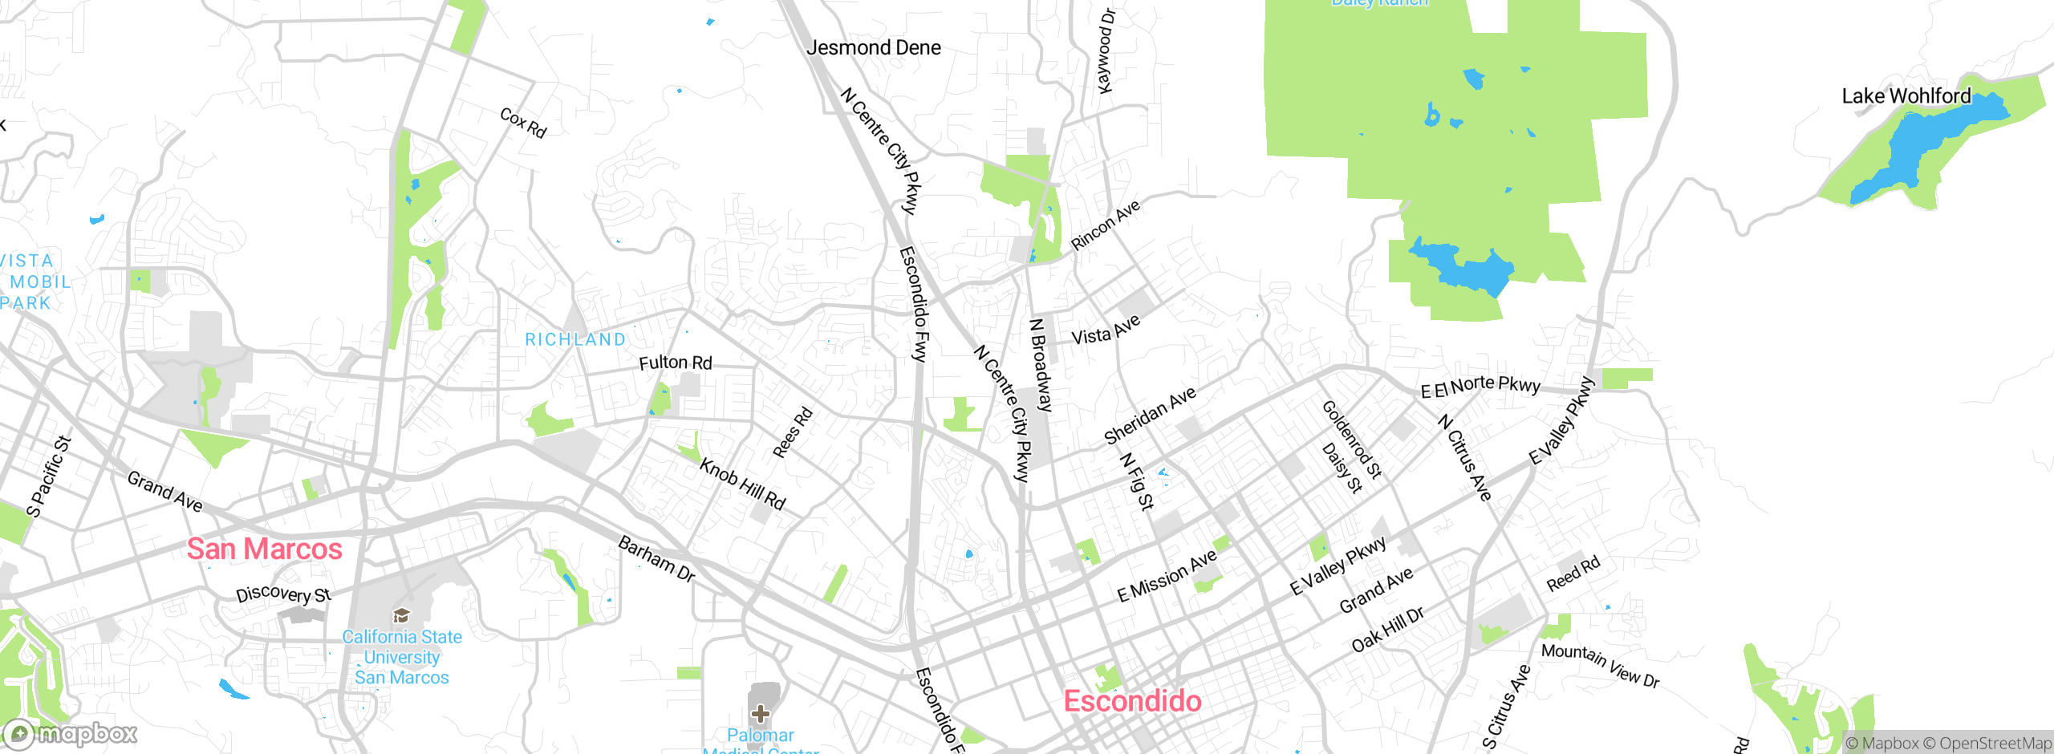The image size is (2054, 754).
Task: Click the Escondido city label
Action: tap(1132, 701)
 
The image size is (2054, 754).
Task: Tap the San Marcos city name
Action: tap(265, 549)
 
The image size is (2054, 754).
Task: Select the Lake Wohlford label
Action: tap(1906, 96)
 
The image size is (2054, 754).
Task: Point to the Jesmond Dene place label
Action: tap(874, 48)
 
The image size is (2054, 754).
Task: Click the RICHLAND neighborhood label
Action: tap(575, 340)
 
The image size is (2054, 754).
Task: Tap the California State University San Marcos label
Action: tap(402, 657)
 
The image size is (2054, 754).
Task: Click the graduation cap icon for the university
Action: tap(401, 616)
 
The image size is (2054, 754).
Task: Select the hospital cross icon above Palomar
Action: tap(760, 713)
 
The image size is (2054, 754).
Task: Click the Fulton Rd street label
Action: tap(676, 363)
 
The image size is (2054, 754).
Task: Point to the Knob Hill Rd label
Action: tap(742, 484)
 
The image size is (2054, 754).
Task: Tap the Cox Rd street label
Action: tap(523, 123)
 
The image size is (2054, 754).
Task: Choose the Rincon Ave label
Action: tap(1106, 225)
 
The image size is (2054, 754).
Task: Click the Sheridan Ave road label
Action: tap(1150, 416)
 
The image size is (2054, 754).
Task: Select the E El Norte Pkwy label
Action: tap(1480, 387)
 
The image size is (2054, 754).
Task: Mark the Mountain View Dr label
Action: tap(1600, 666)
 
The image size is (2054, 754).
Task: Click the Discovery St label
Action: tap(283, 594)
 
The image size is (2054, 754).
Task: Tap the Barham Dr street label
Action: tap(656, 559)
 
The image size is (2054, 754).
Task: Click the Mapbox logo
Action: tap(71, 734)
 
